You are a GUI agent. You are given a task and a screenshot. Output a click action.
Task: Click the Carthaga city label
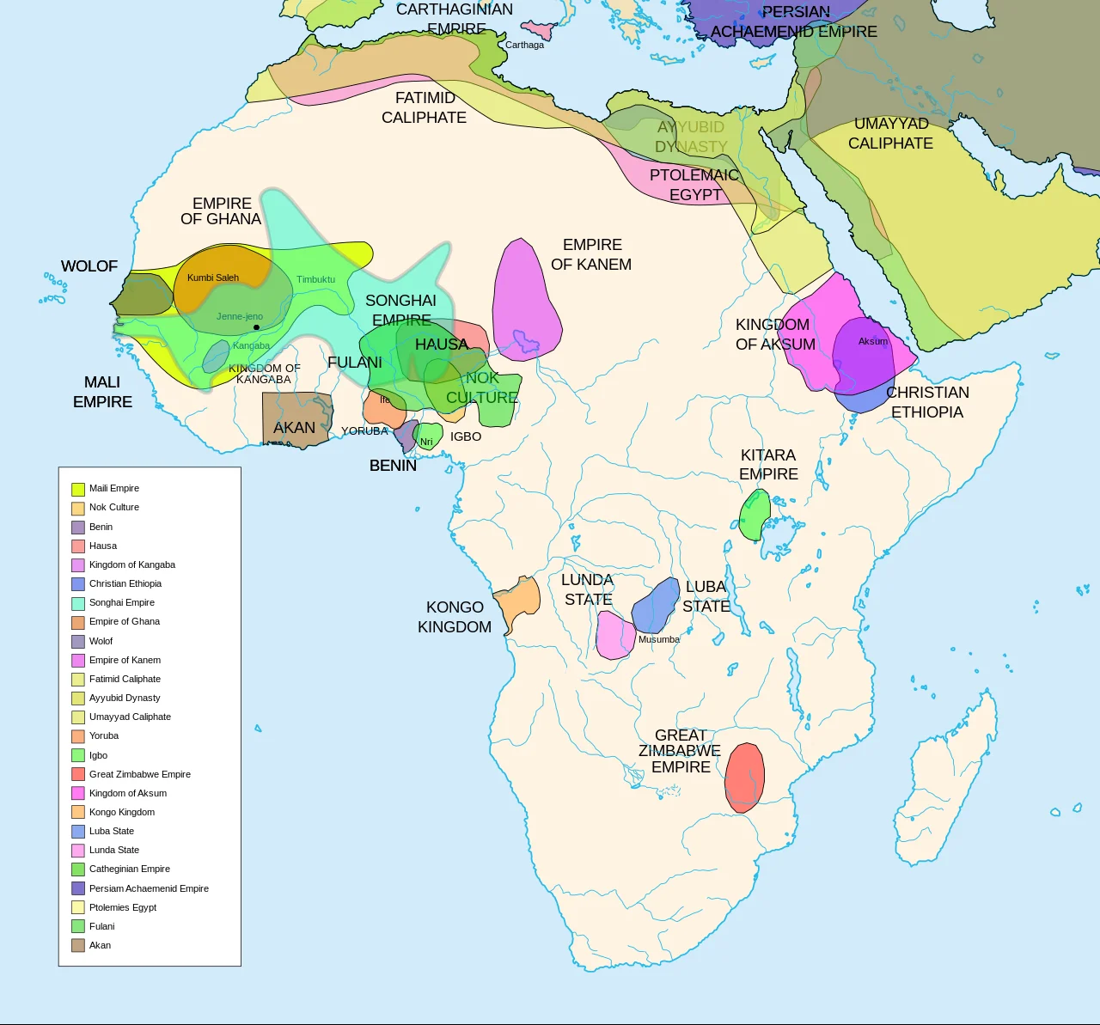[x=524, y=45]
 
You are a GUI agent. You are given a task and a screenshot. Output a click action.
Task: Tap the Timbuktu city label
[x=315, y=279]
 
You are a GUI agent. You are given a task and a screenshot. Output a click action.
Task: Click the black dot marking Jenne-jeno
[x=256, y=327]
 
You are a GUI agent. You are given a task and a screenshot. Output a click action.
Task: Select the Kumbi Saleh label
[x=213, y=278]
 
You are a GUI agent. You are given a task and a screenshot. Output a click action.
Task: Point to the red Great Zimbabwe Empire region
[x=744, y=778]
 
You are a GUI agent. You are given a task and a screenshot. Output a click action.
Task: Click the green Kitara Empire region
[x=755, y=516]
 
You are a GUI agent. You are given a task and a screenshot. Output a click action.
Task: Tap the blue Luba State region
[x=657, y=605]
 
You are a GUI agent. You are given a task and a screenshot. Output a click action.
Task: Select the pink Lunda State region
[x=614, y=636]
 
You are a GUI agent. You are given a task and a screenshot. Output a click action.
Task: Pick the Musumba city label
[x=658, y=639]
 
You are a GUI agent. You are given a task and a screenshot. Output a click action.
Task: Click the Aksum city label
[x=872, y=341]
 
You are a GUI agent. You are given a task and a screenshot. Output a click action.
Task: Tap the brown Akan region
[x=296, y=419]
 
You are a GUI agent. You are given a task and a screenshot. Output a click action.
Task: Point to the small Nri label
[x=426, y=442]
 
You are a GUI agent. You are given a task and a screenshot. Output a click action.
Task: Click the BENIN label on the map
[x=393, y=466]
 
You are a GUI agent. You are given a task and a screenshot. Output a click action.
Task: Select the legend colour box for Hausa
[x=78, y=546]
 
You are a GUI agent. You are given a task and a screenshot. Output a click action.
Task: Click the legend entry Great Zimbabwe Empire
[x=139, y=774]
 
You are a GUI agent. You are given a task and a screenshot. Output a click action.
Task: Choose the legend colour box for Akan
[x=78, y=945]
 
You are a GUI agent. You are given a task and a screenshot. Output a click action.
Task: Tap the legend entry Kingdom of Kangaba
[x=131, y=564]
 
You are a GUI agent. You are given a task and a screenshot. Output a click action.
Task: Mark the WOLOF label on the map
[x=89, y=266]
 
